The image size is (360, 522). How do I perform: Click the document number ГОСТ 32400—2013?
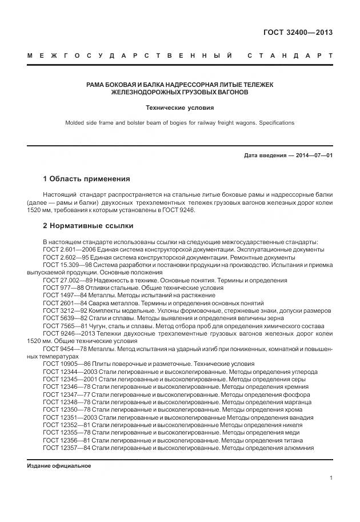coord(298,32)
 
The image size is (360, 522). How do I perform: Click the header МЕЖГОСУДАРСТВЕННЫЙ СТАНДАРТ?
coord(179,56)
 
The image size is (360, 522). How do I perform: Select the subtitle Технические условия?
coord(179,107)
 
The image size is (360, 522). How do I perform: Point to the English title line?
coord(179,122)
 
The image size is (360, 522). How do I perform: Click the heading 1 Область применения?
coord(86,179)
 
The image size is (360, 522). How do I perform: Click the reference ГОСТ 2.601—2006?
coord(67,250)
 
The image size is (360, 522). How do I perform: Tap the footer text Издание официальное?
coord(59,466)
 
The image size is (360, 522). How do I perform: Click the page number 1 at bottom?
coord(331,478)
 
